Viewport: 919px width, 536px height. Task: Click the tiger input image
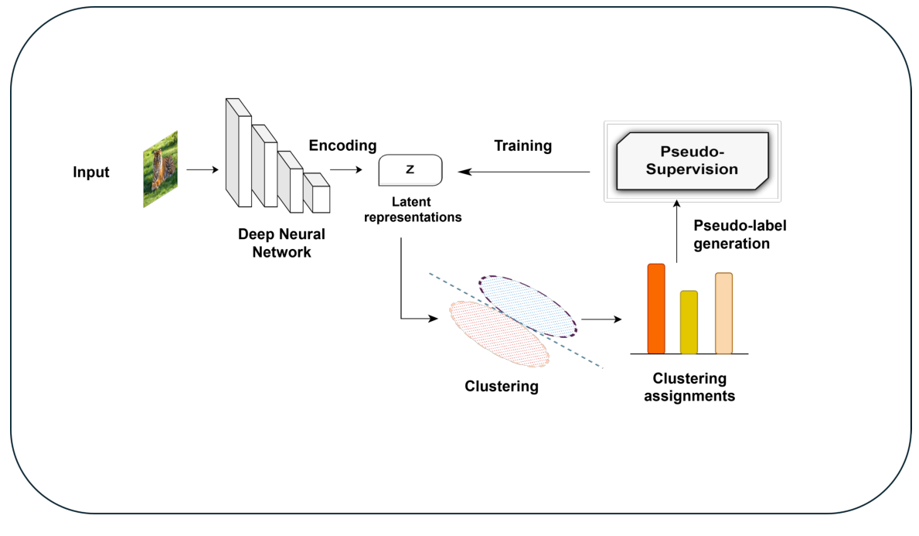pyautogui.click(x=161, y=169)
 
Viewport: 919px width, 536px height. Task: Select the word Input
pyautogui.click(x=91, y=172)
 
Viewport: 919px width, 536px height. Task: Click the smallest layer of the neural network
pyautogui.click(x=316, y=193)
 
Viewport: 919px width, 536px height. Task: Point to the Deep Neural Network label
pyautogui.click(x=281, y=242)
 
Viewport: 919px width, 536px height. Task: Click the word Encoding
pyautogui.click(x=342, y=145)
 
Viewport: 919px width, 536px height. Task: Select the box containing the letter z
pyautogui.click(x=410, y=170)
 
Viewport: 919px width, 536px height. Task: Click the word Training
pyautogui.click(x=522, y=145)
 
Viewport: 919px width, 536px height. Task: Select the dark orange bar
pyautogui.click(x=655, y=309)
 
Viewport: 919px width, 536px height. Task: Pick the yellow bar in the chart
pyautogui.click(x=689, y=323)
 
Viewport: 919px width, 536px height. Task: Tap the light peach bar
pyautogui.click(x=723, y=313)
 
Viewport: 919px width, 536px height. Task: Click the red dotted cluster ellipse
pyautogui.click(x=499, y=333)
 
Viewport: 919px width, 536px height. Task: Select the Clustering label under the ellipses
pyautogui.click(x=501, y=385)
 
